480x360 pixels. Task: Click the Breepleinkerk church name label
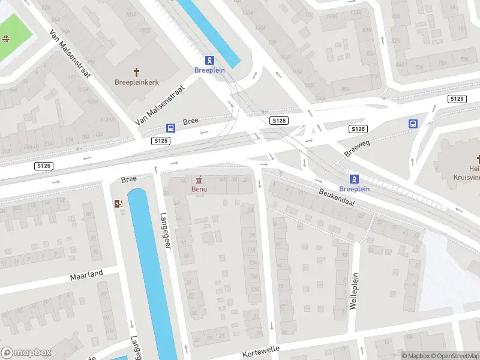[x=137, y=82]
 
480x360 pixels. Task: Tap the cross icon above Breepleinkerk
[x=137, y=71]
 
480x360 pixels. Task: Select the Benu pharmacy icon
[x=199, y=179]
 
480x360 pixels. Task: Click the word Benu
[x=199, y=190]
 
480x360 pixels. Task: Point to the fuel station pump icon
[x=118, y=203]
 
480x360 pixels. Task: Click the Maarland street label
[x=86, y=275]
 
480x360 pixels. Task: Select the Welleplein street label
[x=354, y=293]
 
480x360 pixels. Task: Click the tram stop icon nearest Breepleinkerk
[x=209, y=60]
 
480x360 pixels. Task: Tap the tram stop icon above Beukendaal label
[x=354, y=178]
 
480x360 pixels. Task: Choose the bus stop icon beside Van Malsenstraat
[x=171, y=128]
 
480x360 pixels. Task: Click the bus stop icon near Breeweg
[x=413, y=124]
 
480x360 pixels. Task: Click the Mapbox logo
[x=25, y=353]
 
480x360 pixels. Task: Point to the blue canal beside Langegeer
[x=150, y=270]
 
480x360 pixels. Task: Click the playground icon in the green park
[x=5, y=40]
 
